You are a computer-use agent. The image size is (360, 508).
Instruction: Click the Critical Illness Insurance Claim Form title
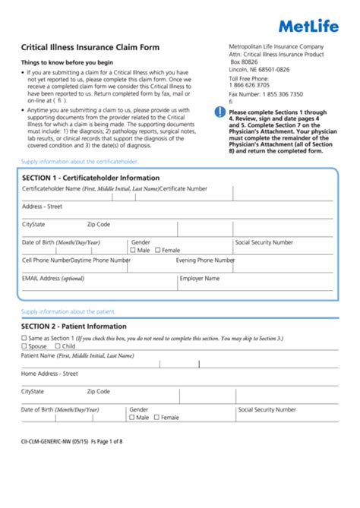[x=90, y=47]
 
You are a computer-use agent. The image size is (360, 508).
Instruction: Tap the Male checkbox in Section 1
[x=134, y=250]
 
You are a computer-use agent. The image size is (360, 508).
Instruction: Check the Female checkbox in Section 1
[x=158, y=250]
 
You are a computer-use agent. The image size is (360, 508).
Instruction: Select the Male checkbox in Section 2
[x=132, y=417]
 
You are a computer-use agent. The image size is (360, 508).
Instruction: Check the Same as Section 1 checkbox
[x=24, y=337]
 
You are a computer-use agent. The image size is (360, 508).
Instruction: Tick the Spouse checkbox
[x=24, y=346]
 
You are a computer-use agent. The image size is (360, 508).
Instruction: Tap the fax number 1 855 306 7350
[x=277, y=94]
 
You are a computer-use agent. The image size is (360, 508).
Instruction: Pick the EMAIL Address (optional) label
[x=53, y=278]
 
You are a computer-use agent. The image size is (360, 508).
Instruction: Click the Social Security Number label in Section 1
[x=264, y=242]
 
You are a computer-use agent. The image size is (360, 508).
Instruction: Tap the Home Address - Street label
[x=49, y=374]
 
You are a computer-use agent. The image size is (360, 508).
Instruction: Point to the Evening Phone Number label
[x=205, y=260]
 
